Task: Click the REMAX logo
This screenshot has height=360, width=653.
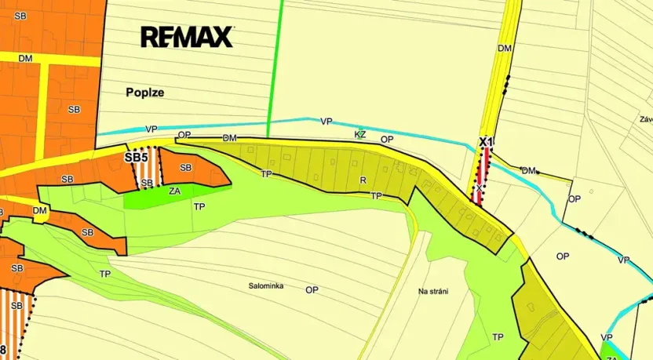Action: (187, 37)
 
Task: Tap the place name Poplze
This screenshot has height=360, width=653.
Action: (144, 92)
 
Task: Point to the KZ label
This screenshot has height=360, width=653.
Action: (360, 134)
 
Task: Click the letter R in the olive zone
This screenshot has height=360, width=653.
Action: (363, 180)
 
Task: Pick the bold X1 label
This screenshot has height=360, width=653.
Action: (486, 142)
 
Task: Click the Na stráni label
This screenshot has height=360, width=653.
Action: (433, 292)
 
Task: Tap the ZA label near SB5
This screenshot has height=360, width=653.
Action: (175, 190)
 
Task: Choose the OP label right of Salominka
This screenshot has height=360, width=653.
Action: (312, 289)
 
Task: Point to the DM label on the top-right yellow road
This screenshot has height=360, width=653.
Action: (505, 49)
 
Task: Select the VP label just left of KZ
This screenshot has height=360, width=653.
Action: (326, 122)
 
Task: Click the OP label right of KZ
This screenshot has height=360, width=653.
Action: (386, 140)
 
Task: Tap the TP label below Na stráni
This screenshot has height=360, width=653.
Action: (497, 337)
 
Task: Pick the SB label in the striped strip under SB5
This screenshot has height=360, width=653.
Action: (147, 184)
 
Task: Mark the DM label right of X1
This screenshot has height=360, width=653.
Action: (528, 170)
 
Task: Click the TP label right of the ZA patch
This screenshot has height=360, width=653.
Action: (199, 206)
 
